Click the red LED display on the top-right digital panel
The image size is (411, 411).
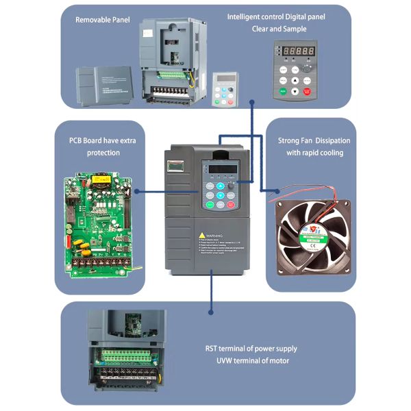295,51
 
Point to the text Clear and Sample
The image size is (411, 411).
286,29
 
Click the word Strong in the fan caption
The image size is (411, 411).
290,140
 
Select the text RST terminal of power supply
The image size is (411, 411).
252,347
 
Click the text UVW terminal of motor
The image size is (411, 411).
252,361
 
